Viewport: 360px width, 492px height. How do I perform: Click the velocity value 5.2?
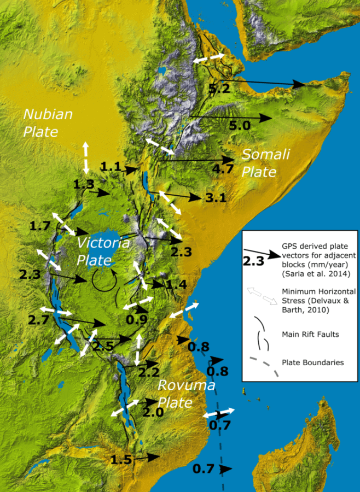tap(218, 88)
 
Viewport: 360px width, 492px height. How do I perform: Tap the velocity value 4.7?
tap(223, 169)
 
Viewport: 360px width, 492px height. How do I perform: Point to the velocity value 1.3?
tap(84, 185)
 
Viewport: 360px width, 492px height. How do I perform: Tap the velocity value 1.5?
tap(121, 460)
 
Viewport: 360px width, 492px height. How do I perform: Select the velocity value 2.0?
tap(153, 413)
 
